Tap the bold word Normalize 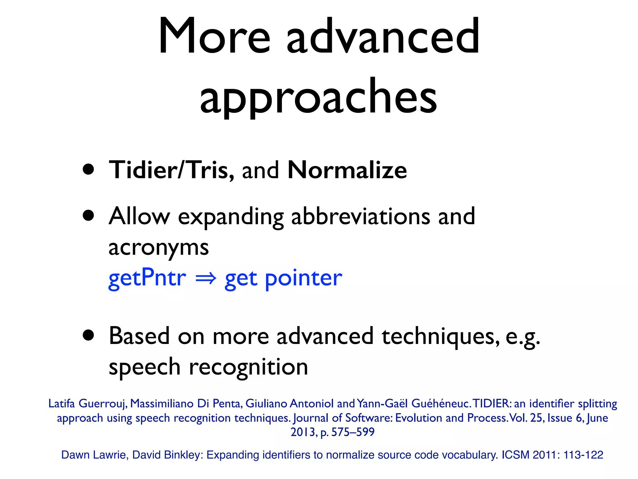[x=347, y=170]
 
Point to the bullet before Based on [x=89, y=336]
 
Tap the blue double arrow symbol [x=206, y=278]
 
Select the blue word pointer [x=303, y=278]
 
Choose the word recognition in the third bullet [x=248, y=367]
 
